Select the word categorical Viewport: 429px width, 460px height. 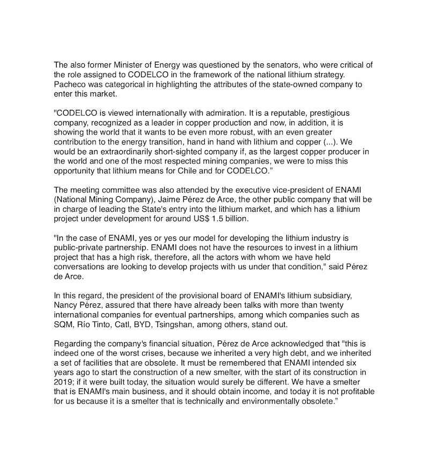pos(121,85)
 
